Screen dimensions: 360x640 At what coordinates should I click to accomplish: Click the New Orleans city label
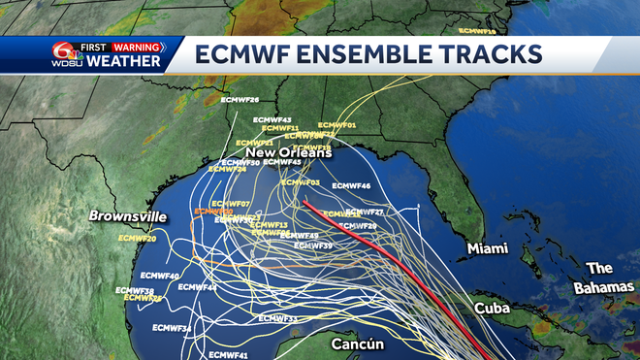point(288,152)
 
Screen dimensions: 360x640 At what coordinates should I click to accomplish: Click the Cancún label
point(359,344)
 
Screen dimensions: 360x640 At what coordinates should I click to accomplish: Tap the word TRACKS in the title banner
point(491,54)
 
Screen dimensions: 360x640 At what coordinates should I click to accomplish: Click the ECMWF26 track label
point(240,100)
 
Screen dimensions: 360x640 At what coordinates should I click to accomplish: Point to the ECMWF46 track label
point(351,185)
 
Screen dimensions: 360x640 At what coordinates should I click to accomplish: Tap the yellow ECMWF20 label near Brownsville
point(137,238)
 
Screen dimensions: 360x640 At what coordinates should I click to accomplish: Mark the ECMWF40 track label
point(160,277)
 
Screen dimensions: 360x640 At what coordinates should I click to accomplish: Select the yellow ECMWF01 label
point(337,126)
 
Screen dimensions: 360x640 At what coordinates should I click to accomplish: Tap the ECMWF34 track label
point(173,328)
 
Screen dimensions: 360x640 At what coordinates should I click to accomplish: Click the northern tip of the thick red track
point(304,202)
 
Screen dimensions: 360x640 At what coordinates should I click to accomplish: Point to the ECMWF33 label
point(277,318)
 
